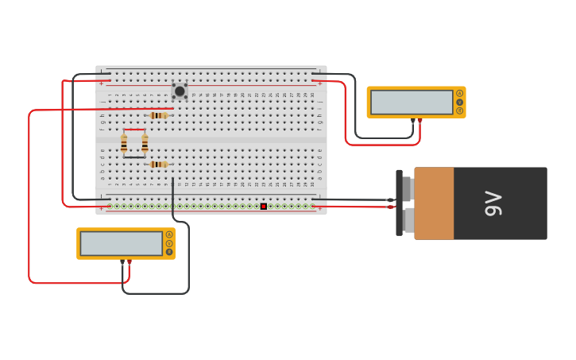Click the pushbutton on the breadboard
180,91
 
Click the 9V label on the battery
493,203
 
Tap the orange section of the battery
434,203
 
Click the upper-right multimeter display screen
411,103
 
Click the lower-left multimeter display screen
121,243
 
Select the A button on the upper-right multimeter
459,93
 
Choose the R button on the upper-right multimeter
459,110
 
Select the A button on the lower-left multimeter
169,234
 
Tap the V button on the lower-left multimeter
169,243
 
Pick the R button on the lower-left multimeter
169,252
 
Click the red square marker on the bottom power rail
264,206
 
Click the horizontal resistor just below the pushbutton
158,115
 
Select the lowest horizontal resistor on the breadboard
158,165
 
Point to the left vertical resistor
124,144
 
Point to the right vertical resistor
145,144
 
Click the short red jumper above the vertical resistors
134,130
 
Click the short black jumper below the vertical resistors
134,157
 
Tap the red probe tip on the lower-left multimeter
130,261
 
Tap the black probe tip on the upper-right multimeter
413,122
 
